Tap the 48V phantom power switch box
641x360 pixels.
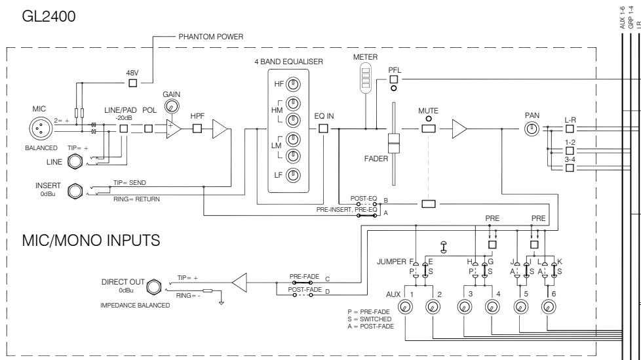[x=133, y=83]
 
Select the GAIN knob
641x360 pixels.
[x=172, y=106]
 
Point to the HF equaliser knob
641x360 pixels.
[x=293, y=84]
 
